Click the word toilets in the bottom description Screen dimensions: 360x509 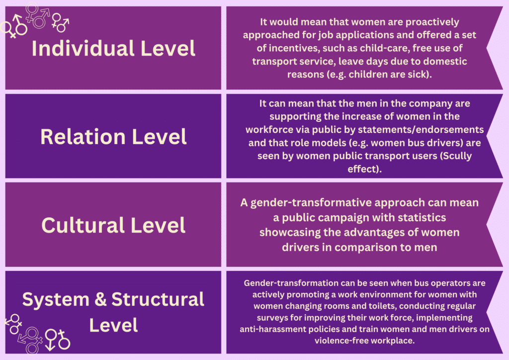click(386, 305)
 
